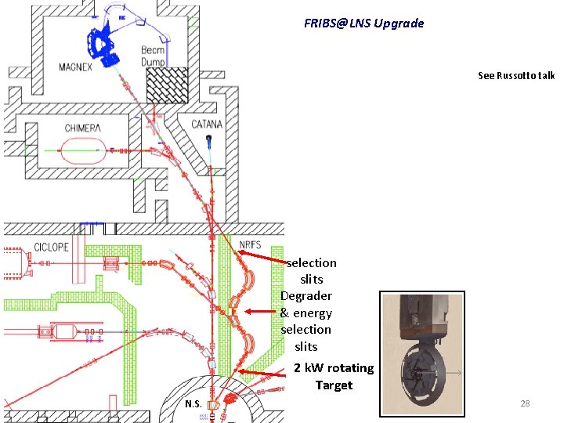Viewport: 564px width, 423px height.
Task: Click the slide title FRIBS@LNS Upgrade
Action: [x=364, y=23]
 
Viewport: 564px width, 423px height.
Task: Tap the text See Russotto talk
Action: [x=516, y=76]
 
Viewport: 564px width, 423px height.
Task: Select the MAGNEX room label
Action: [x=75, y=67]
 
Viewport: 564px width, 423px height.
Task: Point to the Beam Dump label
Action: [x=153, y=56]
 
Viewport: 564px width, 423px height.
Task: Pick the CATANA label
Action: [x=207, y=124]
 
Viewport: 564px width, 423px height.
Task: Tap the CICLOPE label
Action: [x=52, y=247]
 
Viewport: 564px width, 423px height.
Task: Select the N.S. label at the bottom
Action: [x=193, y=404]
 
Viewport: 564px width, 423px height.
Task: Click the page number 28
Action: [x=525, y=403]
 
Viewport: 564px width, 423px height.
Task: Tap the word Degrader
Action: [x=306, y=296]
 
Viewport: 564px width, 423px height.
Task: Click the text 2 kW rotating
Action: [x=334, y=368]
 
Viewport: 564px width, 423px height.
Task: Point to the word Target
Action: [x=334, y=385]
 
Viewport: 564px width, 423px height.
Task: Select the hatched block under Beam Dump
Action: [x=168, y=84]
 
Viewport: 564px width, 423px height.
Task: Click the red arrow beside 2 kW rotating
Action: [x=262, y=374]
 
